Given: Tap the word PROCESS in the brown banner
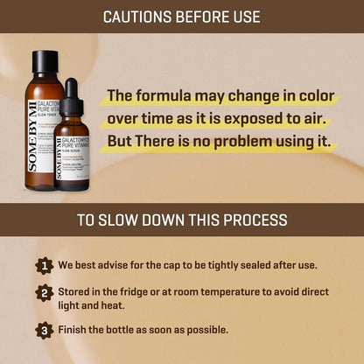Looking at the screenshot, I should [x=256, y=220].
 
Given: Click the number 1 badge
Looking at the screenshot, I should [x=45, y=265].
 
